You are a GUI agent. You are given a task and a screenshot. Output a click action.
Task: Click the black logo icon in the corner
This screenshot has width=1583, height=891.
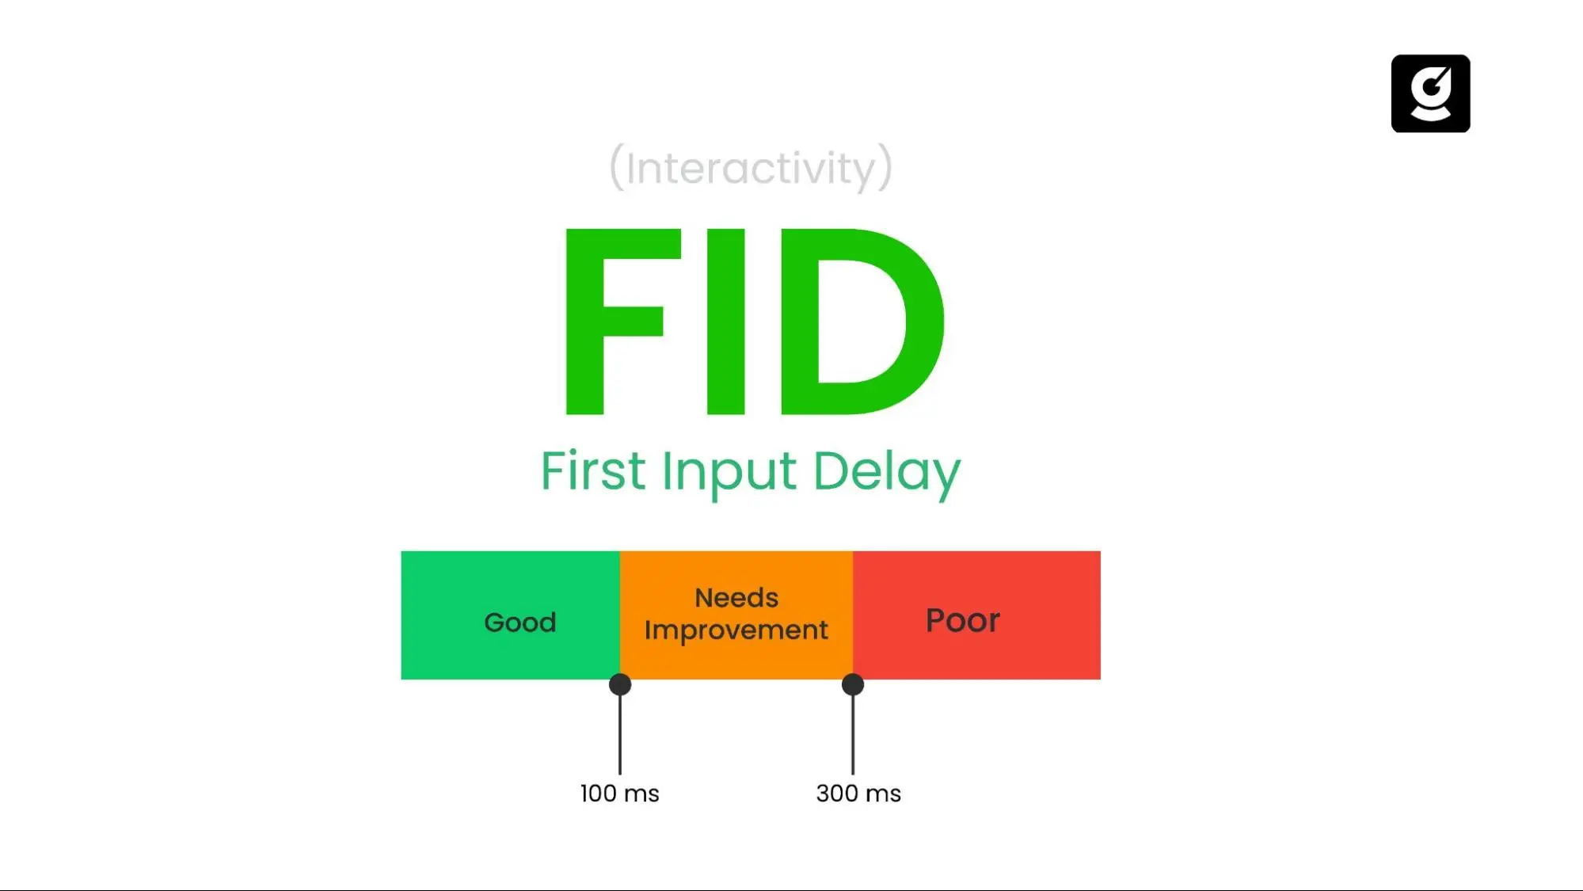click(1430, 93)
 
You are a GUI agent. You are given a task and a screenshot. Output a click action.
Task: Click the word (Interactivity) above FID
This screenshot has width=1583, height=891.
click(751, 167)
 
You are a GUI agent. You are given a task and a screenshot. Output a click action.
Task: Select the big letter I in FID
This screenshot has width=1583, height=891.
click(725, 321)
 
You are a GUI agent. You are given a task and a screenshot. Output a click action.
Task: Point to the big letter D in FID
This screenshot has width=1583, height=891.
click(859, 321)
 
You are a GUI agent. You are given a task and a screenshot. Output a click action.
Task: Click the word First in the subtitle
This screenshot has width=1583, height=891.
click(593, 470)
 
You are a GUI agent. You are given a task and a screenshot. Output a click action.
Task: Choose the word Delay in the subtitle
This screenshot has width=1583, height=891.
click(886, 473)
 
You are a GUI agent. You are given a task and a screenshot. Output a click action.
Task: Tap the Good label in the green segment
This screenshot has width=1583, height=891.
click(520, 623)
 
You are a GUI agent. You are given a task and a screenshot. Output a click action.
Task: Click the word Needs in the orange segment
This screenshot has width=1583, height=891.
click(736, 597)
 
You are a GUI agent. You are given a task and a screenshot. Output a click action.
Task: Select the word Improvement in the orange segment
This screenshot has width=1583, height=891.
click(736, 630)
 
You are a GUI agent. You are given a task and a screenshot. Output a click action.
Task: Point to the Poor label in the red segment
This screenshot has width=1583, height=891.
click(963, 620)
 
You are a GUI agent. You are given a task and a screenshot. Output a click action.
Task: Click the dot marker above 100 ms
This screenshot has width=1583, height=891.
click(620, 684)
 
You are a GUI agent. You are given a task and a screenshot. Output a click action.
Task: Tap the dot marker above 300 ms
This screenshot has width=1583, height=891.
click(853, 684)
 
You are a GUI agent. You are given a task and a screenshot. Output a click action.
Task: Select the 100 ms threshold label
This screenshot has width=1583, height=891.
click(619, 793)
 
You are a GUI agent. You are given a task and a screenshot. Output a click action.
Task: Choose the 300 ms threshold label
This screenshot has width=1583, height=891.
click(858, 793)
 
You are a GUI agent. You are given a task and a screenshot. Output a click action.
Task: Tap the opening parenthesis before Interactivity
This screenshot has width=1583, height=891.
click(616, 167)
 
